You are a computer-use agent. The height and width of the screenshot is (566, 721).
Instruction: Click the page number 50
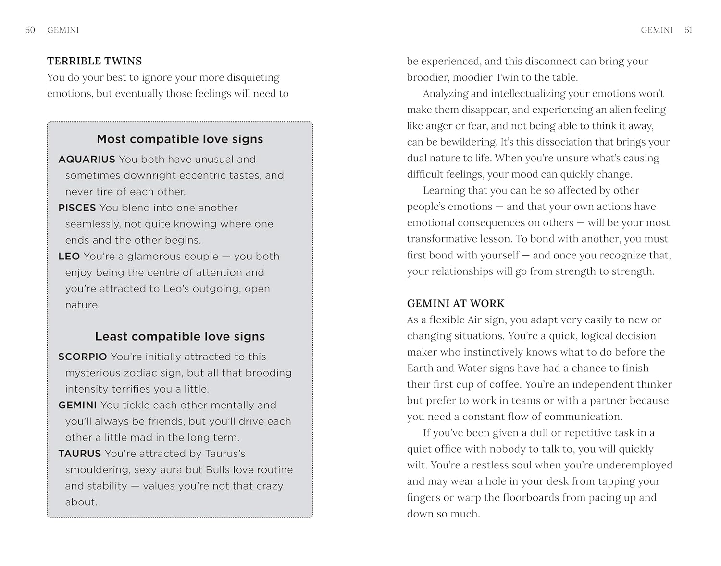tap(30, 30)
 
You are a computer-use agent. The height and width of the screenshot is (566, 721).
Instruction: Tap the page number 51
tap(688, 30)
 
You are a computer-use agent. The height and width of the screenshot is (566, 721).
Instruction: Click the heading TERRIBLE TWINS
tap(94, 61)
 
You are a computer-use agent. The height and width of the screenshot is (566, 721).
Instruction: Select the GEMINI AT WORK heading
tap(455, 304)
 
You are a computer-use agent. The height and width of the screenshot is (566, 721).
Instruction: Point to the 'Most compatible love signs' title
tap(180, 139)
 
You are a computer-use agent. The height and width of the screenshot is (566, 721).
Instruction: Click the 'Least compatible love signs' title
tap(180, 337)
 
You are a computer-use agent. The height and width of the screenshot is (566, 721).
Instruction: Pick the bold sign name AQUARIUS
tap(87, 160)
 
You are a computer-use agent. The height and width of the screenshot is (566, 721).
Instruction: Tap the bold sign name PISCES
tap(77, 208)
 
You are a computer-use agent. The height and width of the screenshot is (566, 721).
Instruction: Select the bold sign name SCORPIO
tap(82, 357)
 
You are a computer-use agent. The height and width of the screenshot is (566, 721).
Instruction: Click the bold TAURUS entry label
tap(79, 454)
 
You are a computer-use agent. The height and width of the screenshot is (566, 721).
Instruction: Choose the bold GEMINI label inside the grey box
tap(77, 406)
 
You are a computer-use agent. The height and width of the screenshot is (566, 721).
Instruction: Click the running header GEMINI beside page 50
tap(63, 30)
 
